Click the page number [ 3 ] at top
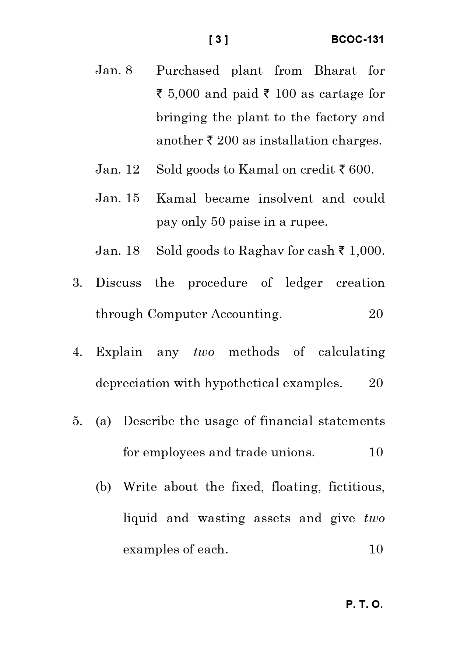click(218, 40)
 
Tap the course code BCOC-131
click(357, 40)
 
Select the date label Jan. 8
click(114, 70)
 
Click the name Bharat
click(335, 70)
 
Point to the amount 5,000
click(183, 94)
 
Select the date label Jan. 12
click(117, 170)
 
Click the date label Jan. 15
click(117, 198)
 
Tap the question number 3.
click(77, 283)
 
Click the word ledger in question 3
click(304, 283)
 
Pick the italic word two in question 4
click(204, 352)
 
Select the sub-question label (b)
click(103, 487)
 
